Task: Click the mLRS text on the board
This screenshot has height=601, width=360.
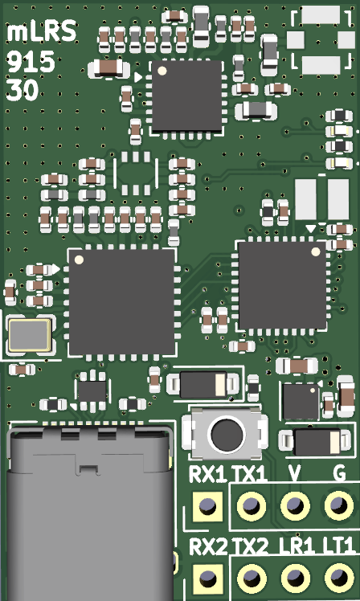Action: (42, 32)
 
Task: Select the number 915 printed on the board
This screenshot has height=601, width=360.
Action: (31, 62)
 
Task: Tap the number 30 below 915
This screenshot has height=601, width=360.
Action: (22, 91)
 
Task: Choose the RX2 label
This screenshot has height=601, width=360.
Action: (207, 548)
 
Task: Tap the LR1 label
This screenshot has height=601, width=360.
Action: (296, 548)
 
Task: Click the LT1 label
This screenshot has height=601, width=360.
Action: (338, 548)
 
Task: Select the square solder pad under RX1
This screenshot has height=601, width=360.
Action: (207, 506)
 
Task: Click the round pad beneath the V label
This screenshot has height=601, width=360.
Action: (295, 506)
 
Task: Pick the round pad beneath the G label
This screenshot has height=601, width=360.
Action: (338, 506)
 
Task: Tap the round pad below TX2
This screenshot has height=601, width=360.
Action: (252, 578)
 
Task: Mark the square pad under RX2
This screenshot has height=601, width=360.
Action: (207, 578)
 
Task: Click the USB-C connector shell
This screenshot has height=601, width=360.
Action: (88, 514)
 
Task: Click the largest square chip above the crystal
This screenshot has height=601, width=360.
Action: (121, 302)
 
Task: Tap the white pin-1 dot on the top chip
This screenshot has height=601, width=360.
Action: (162, 71)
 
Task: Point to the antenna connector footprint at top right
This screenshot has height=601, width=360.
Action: (320, 39)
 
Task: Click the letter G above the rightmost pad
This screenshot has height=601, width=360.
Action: (338, 475)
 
